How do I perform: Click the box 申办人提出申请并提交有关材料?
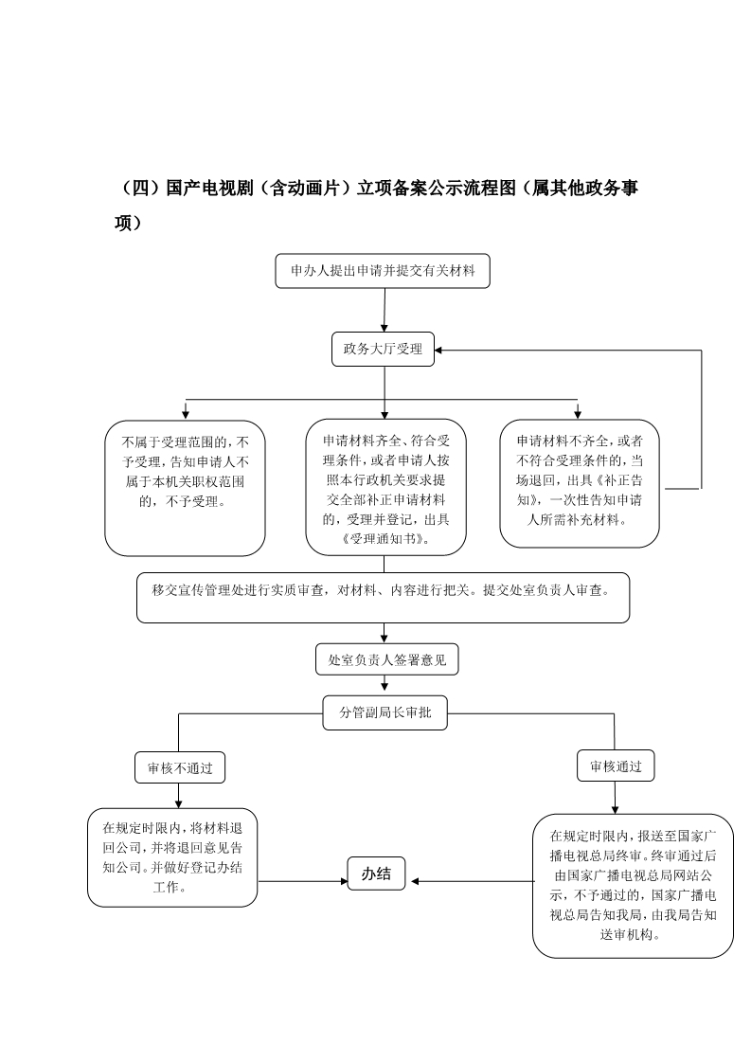(x=383, y=271)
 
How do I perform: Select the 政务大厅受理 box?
(x=383, y=350)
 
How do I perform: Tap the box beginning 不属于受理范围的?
(x=185, y=488)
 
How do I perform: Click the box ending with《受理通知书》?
(x=385, y=487)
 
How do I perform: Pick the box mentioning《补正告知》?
(x=580, y=482)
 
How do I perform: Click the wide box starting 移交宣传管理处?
(x=383, y=598)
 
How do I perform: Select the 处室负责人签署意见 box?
(x=387, y=659)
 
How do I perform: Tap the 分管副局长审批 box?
(x=385, y=712)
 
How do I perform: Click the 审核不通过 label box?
(x=180, y=768)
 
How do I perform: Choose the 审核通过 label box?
(x=616, y=766)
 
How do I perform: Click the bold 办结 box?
(x=376, y=874)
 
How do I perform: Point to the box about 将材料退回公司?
(x=172, y=857)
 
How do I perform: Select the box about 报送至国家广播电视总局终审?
(x=633, y=886)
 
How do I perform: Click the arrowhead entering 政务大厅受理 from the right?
(x=438, y=351)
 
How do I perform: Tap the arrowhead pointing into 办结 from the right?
(x=415, y=881)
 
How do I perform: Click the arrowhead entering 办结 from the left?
(x=344, y=881)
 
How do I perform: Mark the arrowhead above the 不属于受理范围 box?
(x=185, y=414)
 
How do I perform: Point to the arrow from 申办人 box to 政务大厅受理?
(x=384, y=310)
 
